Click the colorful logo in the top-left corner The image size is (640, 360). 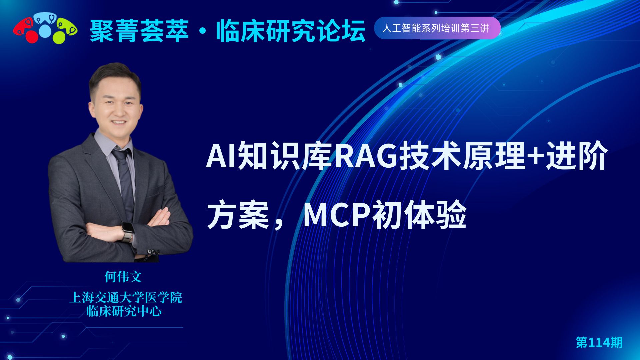tap(45, 29)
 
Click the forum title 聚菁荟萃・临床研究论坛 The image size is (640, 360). tap(228, 31)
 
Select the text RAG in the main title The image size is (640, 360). tap(366, 156)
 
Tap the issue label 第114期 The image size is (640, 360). tap(599, 342)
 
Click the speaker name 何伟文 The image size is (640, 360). tap(123, 277)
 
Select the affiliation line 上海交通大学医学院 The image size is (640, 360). tap(126, 297)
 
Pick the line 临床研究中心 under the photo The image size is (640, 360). tap(124, 311)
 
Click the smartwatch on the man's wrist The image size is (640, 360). tap(127, 232)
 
